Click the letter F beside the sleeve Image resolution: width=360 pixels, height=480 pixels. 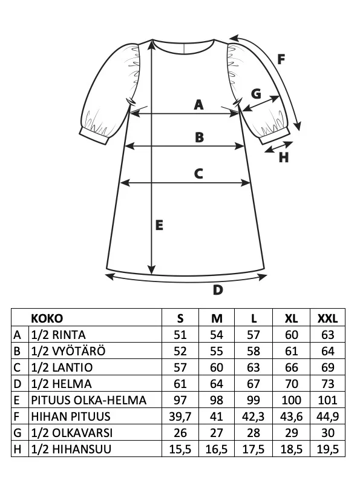(281, 59)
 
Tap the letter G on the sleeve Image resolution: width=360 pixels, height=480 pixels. (256, 94)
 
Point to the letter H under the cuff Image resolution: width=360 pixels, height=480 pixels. (284, 157)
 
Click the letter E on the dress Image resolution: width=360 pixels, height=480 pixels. (159, 225)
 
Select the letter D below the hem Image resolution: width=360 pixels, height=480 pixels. (218, 289)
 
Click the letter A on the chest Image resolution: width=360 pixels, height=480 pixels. (198, 105)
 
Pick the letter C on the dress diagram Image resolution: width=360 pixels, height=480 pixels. (198, 174)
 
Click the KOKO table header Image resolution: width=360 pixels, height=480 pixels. (47, 318)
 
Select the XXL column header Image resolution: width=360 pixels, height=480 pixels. (327, 318)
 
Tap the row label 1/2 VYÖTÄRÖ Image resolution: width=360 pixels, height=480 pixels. (68, 351)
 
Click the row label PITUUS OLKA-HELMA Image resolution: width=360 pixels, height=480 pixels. (89, 400)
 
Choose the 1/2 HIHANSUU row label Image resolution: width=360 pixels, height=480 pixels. (71, 449)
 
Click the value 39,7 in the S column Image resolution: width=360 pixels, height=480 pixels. (180, 416)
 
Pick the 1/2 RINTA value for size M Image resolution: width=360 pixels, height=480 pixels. (217, 335)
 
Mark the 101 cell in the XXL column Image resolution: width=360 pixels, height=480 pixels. (327, 400)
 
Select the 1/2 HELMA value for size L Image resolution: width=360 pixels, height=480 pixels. (253, 384)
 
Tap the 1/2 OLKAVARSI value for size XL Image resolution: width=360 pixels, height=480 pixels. (291, 433)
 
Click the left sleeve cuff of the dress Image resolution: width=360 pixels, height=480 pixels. (94, 136)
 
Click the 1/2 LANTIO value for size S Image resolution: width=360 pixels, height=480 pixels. (180, 367)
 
